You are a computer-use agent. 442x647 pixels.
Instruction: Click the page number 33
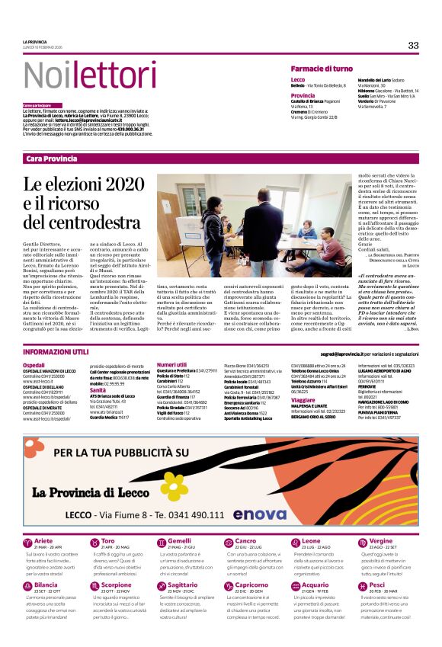(413, 45)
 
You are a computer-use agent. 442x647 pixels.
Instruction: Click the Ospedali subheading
(34, 365)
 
